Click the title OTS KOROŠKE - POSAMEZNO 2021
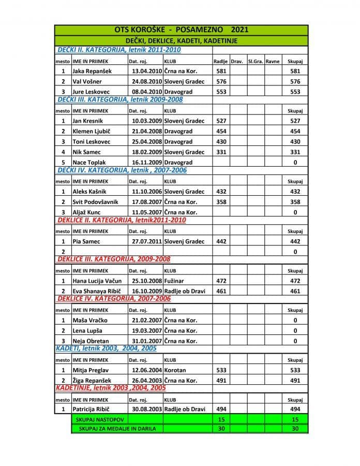click(x=181, y=30)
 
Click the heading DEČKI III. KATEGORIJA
click(x=119, y=99)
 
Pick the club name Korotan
click(x=175, y=370)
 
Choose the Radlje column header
click(x=221, y=61)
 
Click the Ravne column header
click(x=273, y=61)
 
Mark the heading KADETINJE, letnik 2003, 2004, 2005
click(x=111, y=388)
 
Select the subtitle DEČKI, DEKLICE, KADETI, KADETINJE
click(x=181, y=40)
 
